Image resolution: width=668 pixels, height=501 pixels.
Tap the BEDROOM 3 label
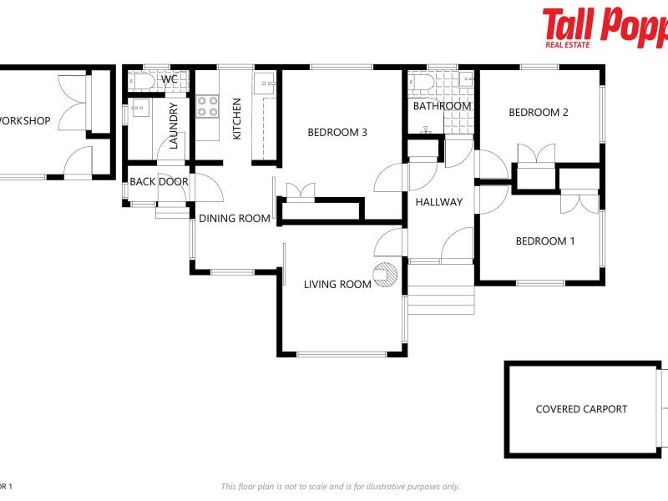[x=337, y=132]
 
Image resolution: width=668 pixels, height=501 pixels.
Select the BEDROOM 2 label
[x=539, y=113]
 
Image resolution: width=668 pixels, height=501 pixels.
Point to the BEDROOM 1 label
[x=545, y=241]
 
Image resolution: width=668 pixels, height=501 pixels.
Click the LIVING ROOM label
[x=337, y=285]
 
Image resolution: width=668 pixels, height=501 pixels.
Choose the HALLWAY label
[x=439, y=202]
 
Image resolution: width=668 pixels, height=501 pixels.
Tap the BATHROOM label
[x=442, y=106]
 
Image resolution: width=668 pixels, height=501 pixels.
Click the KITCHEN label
[x=236, y=119]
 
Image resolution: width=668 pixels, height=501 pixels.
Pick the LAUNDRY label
[x=174, y=125]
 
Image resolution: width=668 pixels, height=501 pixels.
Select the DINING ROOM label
[x=235, y=219]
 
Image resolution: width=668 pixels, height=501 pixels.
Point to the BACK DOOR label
[x=159, y=182]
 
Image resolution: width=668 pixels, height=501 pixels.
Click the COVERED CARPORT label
[x=581, y=409]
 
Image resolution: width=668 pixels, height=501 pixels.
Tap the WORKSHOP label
[x=24, y=121]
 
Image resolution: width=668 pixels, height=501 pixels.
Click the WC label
[x=170, y=79]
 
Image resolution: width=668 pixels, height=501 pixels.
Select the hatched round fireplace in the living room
[x=386, y=275]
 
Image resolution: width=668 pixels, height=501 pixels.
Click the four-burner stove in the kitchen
[x=207, y=106]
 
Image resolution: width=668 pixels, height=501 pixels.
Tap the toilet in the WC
[x=143, y=81]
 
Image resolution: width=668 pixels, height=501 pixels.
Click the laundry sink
[x=139, y=108]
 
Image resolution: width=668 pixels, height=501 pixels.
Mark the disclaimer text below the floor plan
[x=340, y=487]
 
